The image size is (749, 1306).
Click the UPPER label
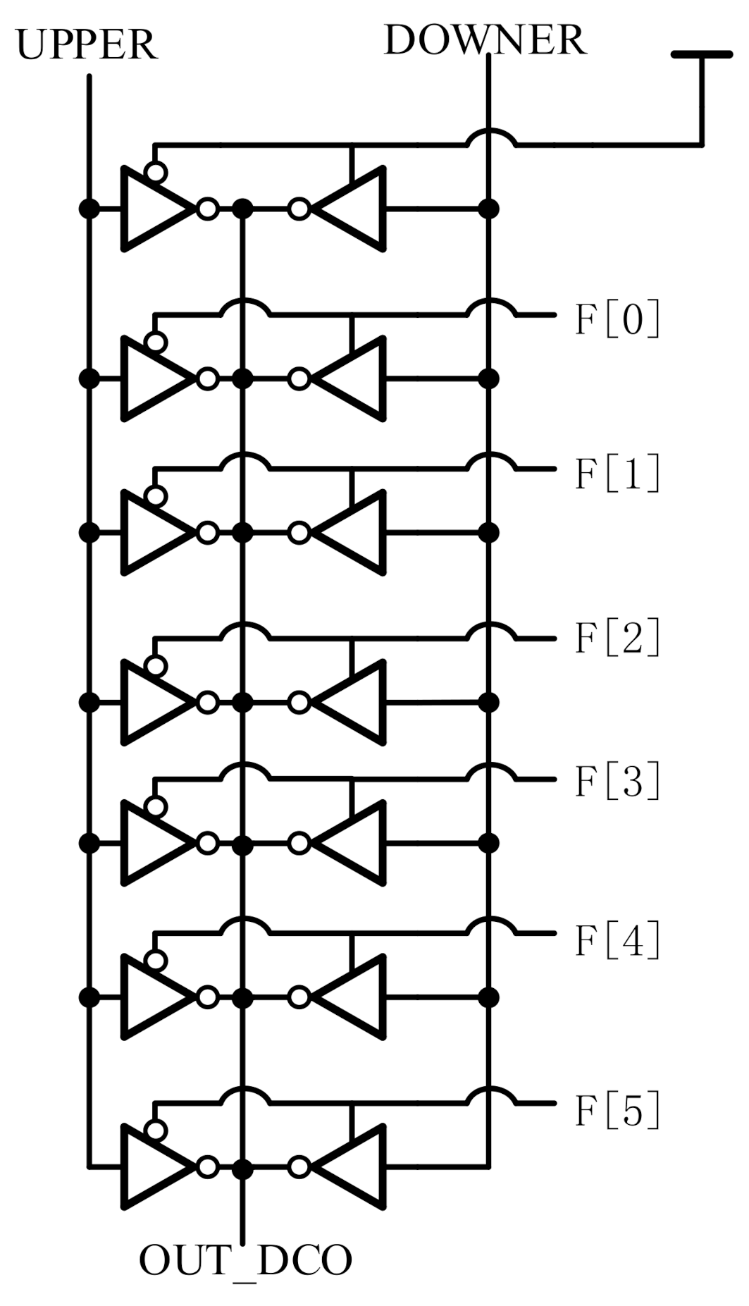point(86,45)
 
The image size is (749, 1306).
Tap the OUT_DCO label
point(244,1261)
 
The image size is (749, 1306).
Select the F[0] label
point(618,319)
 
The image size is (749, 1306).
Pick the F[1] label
point(618,473)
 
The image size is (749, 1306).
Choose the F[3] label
point(618,781)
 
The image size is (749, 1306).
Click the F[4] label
point(618,940)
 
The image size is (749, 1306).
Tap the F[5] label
point(618,1110)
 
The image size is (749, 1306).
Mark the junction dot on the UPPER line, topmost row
point(89,209)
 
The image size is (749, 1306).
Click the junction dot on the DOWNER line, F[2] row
point(488,703)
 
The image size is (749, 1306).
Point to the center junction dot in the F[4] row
point(242,997)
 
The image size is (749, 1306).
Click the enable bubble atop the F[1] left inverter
point(156,497)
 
